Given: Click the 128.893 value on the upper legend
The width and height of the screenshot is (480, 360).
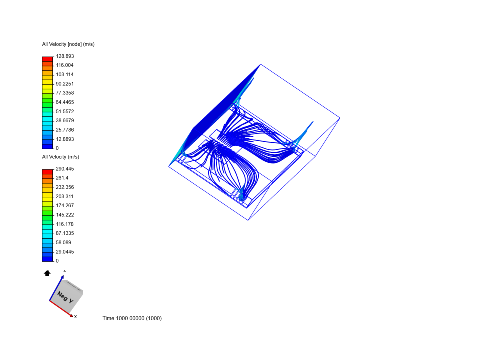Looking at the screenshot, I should pyautogui.click(x=65, y=56).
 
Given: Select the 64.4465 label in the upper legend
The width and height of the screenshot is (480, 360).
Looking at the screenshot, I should pyautogui.click(x=65, y=102).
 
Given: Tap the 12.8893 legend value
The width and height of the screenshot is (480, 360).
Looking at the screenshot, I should pyautogui.click(x=65, y=139).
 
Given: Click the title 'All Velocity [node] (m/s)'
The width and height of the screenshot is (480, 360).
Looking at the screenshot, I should pyautogui.click(x=68, y=44).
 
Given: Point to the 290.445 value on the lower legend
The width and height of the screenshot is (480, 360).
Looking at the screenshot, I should pyautogui.click(x=65, y=169).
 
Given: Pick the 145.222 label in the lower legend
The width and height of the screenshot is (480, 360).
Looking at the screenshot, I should pyautogui.click(x=65, y=215).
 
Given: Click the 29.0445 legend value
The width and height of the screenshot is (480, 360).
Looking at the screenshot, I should pyautogui.click(x=65, y=252).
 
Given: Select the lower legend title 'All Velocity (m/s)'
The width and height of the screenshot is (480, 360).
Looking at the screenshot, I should pyautogui.click(x=60, y=157).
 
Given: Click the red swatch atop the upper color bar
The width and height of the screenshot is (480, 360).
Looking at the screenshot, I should pyautogui.click(x=47, y=59).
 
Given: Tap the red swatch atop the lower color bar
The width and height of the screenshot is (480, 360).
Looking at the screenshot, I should pyautogui.click(x=47, y=172).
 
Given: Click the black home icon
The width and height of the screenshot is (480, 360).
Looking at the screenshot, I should pyautogui.click(x=47, y=273).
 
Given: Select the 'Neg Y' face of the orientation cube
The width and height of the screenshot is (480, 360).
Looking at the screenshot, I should pyautogui.click(x=65, y=297).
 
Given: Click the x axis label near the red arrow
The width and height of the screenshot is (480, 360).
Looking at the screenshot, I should pyautogui.click(x=76, y=317).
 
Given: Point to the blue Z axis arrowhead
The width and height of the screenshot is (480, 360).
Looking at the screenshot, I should pyautogui.click(x=62, y=277).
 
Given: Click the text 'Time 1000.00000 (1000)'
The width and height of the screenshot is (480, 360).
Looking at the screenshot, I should pyautogui.click(x=132, y=318).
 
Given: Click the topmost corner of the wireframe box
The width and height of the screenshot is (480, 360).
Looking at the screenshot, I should pyautogui.click(x=260, y=64).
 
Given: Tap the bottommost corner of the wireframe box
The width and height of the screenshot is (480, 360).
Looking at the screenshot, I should pyautogui.click(x=248, y=220).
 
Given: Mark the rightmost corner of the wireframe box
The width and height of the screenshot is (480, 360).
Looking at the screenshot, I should pyautogui.click(x=340, y=118).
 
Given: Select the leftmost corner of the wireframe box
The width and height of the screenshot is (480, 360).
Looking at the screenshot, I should pyautogui.click(x=169, y=166).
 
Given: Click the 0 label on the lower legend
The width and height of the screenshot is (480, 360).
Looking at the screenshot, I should pyautogui.click(x=57, y=261).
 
